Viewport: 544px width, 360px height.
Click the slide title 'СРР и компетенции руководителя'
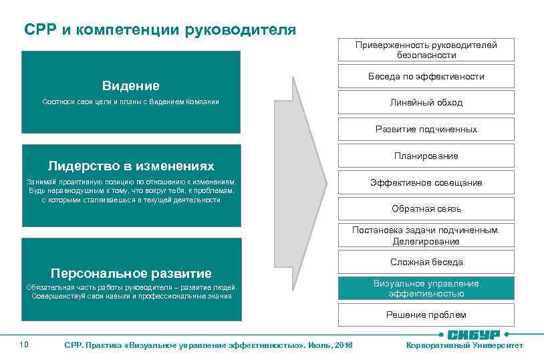tap(160, 30)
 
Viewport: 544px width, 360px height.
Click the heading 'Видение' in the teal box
tap(131, 85)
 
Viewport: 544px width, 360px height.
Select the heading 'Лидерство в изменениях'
tap(131, 165)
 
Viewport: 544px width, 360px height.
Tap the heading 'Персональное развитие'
tap(131, 273)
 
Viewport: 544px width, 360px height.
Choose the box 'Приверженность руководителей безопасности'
tap(426, 50)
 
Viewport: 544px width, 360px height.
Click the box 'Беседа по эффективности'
tap(426, 76)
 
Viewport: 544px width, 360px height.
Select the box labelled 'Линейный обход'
tap(426, 102)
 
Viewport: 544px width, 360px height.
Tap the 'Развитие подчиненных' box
tap(426, 129)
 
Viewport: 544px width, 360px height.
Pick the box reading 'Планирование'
tap(426, 156)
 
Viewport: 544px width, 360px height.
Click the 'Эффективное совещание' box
tap(426, 182)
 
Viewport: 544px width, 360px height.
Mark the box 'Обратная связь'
tap(426, 208)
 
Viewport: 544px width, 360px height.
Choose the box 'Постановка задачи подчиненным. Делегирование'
tap(426, 235)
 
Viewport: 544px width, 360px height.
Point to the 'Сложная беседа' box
tap(426, 262)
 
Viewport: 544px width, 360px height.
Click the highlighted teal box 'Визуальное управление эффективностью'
tap(426, 289)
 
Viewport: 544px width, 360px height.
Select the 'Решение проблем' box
tap(426, 315)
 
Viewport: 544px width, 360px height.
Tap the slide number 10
tap(24, 344)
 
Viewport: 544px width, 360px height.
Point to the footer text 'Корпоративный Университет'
tap(465, 345)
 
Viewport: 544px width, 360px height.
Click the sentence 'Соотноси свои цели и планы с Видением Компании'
tap(131, 102)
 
